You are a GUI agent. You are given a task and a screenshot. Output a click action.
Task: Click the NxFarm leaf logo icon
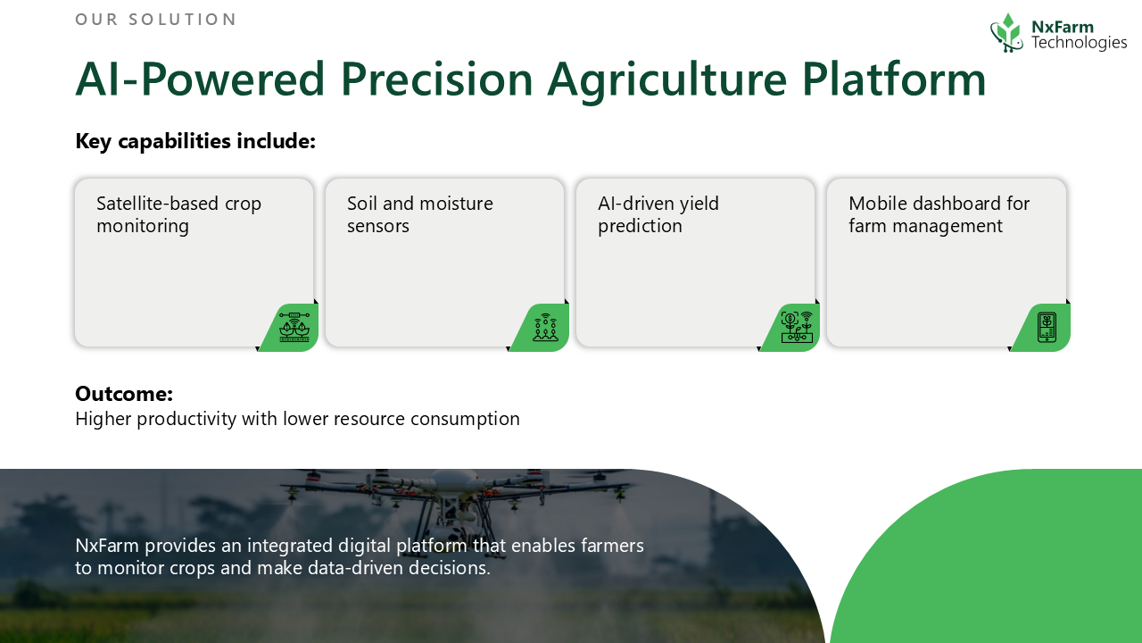click(1007, 33)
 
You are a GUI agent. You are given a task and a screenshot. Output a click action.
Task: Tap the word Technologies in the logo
click(1080, 42)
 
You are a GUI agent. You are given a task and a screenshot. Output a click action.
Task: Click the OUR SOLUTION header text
click(155, 20)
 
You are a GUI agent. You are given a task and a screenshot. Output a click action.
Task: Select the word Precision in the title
click(436, 79)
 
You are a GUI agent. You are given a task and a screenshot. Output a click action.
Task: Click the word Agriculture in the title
click(667, 81)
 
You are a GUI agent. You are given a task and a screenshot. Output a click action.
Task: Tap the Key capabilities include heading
click(195, 141)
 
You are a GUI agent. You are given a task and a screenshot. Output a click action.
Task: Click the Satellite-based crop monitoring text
click(178, 214)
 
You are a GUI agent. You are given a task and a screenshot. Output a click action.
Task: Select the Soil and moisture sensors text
click(420, 214)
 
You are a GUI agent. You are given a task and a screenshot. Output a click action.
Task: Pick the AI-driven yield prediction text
click(658, 214)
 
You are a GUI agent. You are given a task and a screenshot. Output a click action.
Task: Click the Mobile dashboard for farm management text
click(939, 214)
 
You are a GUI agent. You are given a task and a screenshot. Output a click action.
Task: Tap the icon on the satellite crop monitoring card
click(294, 327)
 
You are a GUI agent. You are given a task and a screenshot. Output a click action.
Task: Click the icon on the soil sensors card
click(545, 327)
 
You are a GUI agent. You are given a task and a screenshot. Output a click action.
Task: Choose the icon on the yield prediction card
click(798, 327)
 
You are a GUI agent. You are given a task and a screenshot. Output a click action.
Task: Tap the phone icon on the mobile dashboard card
click(1047, 327)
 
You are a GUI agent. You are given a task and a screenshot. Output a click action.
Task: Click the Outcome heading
click(124, 394)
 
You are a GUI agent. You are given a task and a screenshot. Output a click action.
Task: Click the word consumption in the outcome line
click(465, 420)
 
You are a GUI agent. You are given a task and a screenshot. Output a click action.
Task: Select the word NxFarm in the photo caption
click(107, 546)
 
